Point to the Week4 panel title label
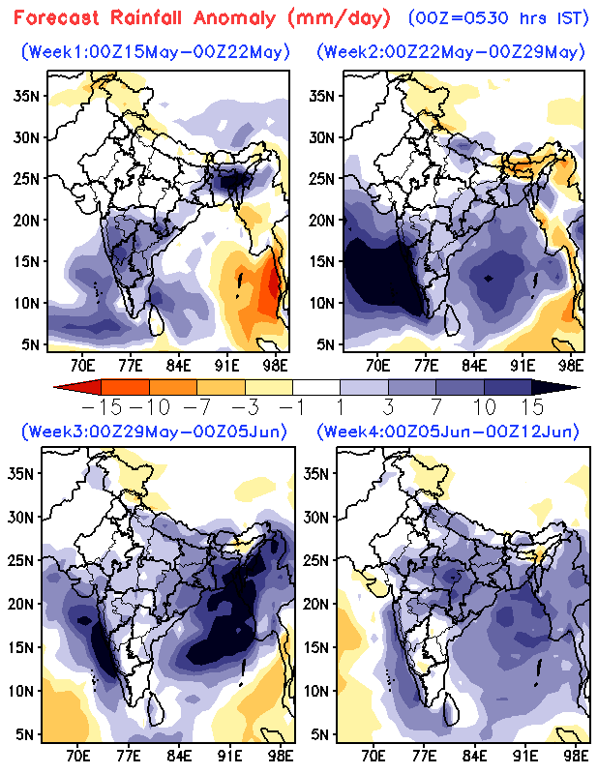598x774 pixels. pos(451,431)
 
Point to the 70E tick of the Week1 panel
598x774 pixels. pos(82,366)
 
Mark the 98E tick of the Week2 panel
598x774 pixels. pos(572,366)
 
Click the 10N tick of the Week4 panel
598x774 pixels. pos(321,690)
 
